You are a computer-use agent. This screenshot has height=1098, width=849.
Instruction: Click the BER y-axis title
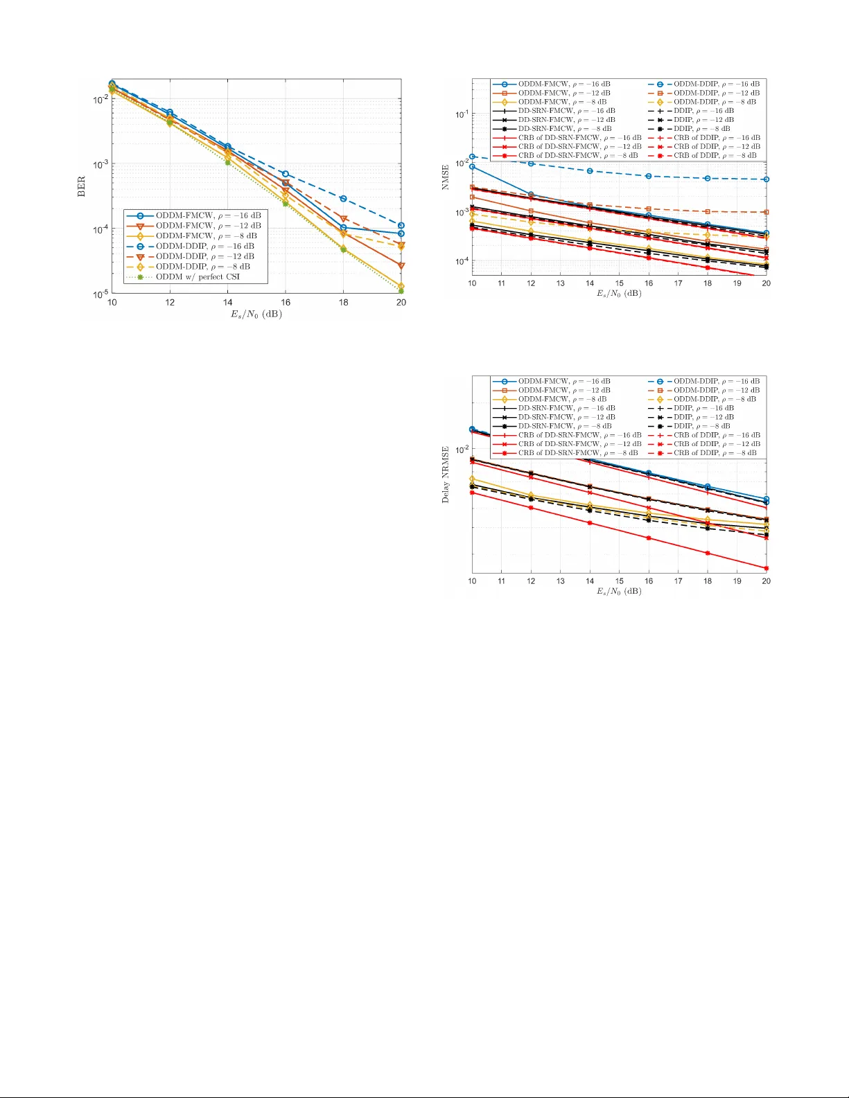pyautogui.click(x=81, y=186)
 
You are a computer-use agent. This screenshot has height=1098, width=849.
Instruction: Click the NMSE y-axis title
pyautogui.click(x=446, y=177)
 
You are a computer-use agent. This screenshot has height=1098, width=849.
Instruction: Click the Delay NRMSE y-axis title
pyautogui.click(x=446, y=475)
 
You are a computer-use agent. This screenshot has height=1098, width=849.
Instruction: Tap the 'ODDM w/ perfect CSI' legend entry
pyautogui.click(x=197, y=277)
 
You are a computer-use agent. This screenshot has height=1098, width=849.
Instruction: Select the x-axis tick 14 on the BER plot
pyautogui.click(x=227, y=303)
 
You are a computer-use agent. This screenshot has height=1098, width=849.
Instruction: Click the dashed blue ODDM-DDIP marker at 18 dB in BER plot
pyautogui.click(x=343, y=199)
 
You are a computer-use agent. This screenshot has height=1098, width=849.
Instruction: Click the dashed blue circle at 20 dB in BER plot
pyautogui.click(x=401, y=226)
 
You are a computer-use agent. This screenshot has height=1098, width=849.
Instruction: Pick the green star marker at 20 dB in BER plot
pyautogui.click(x=401, y=291)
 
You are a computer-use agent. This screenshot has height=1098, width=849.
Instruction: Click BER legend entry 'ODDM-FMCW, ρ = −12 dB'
pyautogui.click(x=208, y=226)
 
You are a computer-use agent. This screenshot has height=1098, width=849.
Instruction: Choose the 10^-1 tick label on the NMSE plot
pyautogui.click(x=462, y=114)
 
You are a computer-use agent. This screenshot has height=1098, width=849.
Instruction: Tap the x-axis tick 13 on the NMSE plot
pyautogui.click(x=560, y=283)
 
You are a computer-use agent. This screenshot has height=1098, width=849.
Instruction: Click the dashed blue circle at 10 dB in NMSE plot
pyautogui.click(x=472, y=157)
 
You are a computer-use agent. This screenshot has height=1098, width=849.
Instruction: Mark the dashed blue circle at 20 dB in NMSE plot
pyautogui.click(x=767, y=179)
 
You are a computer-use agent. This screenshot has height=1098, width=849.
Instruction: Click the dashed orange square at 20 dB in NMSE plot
pyautogui.click(x=767, y=212)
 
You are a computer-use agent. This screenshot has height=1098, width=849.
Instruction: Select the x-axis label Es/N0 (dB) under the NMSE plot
pyautogui.click(x=619, y=294)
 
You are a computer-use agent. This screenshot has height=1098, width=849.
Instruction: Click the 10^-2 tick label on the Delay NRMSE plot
pyautogui.click(x=462, y=450)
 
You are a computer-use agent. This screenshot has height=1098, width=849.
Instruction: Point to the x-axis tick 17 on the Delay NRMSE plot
pyautogui.click(x=678, y=581)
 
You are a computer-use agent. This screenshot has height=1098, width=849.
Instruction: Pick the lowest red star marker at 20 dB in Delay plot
pyautogui.click(x=767, y=569)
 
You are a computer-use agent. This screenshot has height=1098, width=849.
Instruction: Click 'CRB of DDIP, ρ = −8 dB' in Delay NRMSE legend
pyautogui.click(x=715, y=453)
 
